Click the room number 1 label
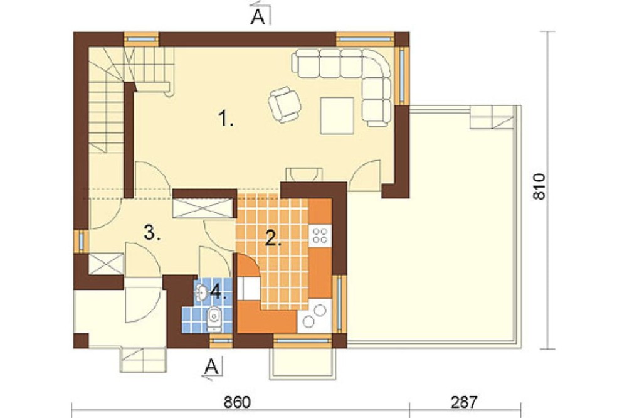[226, 119]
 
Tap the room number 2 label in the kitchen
[273, 238]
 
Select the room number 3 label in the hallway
[152, 233]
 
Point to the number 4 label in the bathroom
[218, 292]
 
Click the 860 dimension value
[237, 402]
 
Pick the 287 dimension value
[464, 402]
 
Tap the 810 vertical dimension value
[539, 186]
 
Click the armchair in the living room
[285, 104]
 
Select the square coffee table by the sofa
[337, 115]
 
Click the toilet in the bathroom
[214, 318]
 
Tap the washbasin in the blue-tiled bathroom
[201, 292]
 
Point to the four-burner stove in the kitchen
[320, 235]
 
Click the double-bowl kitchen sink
[314, 316]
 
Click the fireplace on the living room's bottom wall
[304, 174]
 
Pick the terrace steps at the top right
[492, 117]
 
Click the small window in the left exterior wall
[81, 241]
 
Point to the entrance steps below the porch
[144, 360]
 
